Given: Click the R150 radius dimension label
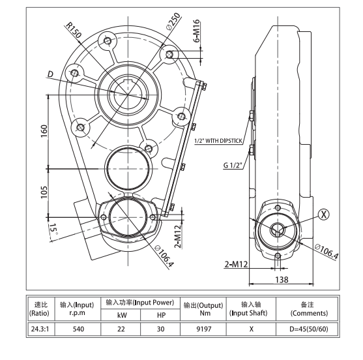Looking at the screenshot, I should [76, 29].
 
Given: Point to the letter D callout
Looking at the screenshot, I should [50, 75].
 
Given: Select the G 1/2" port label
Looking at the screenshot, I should [233, 166].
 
